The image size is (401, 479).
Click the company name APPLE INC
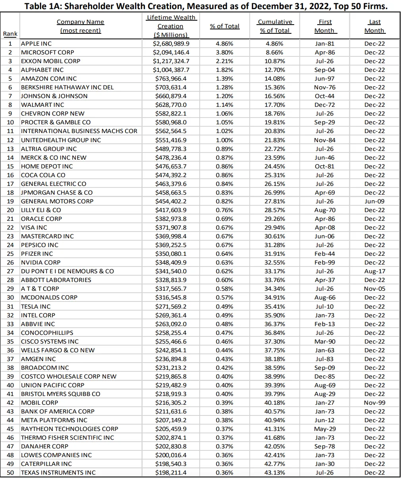[36, 44]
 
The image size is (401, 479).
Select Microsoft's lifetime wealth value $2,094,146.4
[171, 52]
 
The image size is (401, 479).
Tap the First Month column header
[324, 26]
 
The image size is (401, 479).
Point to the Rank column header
[10, 34]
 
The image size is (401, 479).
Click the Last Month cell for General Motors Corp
[374, 201]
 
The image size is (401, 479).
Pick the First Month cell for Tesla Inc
[324, 307]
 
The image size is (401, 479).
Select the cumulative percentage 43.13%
[275, 473]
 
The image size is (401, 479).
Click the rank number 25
[10, 254]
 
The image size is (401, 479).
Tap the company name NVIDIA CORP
[40, 263]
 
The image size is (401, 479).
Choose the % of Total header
[225, 26]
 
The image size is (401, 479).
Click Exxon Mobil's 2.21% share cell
[225, 61]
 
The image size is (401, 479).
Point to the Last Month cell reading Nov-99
[374, 403]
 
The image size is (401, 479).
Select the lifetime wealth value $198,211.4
[171, 473]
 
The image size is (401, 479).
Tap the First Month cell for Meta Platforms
[324, 420]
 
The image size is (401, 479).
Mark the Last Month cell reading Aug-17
[374, 271]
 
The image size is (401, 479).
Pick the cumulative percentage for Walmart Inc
[275, 105]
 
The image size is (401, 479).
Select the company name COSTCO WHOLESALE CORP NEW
[69, 377]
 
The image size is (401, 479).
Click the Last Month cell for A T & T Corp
[374, 289]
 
